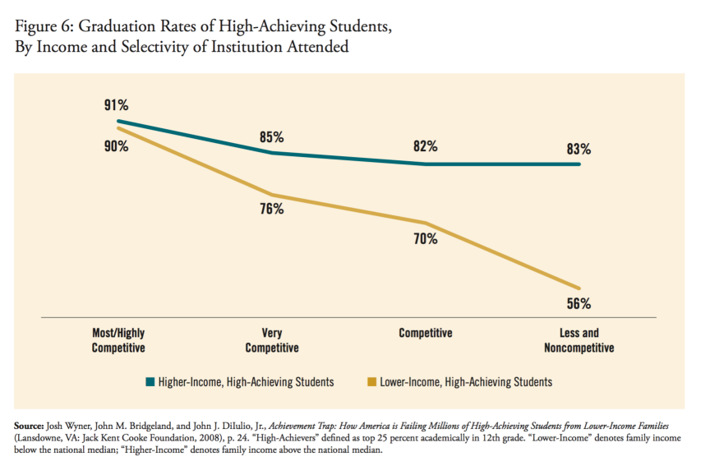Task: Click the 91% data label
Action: pyautogui.click(x=116, y=105)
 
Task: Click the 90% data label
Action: pyautogui.click(x=116, y=146)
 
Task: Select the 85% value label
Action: pyautogui.click(x=271, y=137)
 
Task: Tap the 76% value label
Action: pyautogui.click(x=271, y=209)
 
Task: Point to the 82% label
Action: pyautogui.click(x=426, y=146)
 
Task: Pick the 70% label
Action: pyautogui.click(x=426, y=239)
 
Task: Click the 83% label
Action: pyautogui.click(x=579, y=150)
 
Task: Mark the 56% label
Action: pyautogui.click(x=579, y=302)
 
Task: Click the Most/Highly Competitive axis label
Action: pyautogui.click(x=118, y=340)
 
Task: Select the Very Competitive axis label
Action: pyautogui.click(x=272, y=340)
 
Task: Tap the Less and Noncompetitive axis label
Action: pyautogui.click(x=579, y=340)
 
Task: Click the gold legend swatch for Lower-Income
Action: pyautogui.click(x=372, y=382)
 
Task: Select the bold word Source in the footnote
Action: pyautogui.click(x=30, y=427)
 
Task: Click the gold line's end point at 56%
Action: pyautogui.click(x=579, y=288)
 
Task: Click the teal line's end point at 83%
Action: pyautogui.click(x=579, y=164)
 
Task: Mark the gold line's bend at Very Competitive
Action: pyautogui.click(x=272, y=196)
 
